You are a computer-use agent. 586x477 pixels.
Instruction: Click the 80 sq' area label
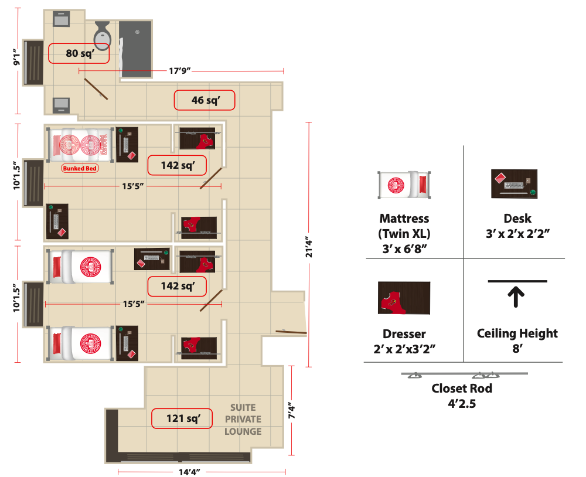point(79,53)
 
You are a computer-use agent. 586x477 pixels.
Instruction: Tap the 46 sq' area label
point(205,100)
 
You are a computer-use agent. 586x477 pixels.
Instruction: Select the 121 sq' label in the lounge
point(182,418)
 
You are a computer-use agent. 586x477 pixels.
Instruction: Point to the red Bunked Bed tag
point(80,168)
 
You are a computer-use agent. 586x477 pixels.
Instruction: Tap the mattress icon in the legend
point(404,185)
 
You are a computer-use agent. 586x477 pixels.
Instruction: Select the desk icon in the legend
point(514,184)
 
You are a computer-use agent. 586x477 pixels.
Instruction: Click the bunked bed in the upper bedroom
point(80,144)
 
